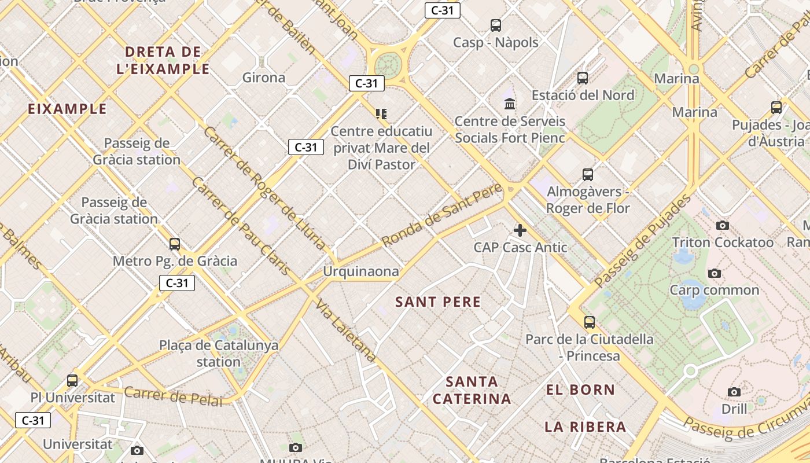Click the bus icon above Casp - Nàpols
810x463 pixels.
[x=496, y=25]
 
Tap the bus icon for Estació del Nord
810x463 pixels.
[x=583, y=78]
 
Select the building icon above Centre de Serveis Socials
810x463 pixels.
[x=510, y=104]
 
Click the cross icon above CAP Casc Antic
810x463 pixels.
[x=520, y=230]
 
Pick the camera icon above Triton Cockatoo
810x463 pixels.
[x=722, y=225]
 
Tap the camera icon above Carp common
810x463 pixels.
[x=715, y=273]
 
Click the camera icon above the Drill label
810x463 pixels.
[x=734, y=392]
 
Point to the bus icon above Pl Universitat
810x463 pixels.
[x=72, y=380]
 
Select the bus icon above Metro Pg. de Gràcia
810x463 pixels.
[x=175, y=244]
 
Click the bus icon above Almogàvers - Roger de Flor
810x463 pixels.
[x=588, y=174]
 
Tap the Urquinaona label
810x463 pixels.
[x=361, y=271]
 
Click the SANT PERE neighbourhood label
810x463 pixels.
[x=438, y=302]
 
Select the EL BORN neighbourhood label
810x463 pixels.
[x=580, y=389]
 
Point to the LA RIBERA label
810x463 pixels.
[x=585, y=427]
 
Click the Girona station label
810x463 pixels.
[x=264, y=78]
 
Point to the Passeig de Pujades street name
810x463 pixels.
[x=642, y=242]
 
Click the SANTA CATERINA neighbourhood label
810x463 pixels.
[x=472, y=390]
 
